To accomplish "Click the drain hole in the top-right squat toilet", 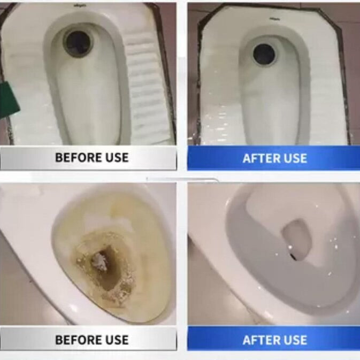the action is (264, 54).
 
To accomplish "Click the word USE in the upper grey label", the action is (117, 157).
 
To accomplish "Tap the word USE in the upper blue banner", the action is (295, 158).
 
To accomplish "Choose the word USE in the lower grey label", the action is (117, 340).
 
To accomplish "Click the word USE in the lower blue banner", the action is (295, 340).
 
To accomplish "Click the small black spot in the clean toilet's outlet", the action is (294, 255).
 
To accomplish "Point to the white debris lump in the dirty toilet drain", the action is (99, 261).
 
